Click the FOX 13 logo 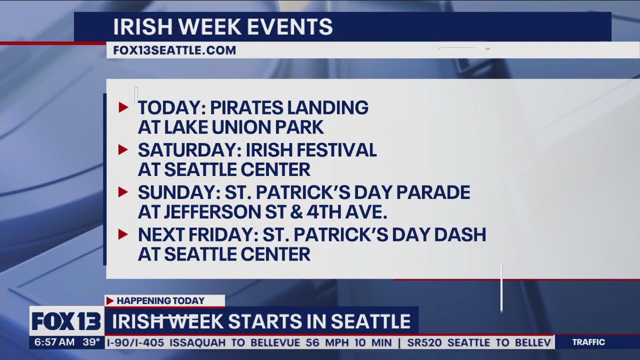click(x=66, y=321)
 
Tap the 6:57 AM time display click(x=54, y=342)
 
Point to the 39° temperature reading click(x=91, y=342)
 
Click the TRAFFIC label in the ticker click(x=588, y=342)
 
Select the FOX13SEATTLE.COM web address click(x=174, y=50)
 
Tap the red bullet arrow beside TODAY click(x=123, y=107)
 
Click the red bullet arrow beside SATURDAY click(x=123, y=149)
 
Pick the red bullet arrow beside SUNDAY click(x=123, y=192)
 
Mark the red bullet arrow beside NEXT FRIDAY click(x=123, y=234)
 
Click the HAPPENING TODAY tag click(x=160, y=300)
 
